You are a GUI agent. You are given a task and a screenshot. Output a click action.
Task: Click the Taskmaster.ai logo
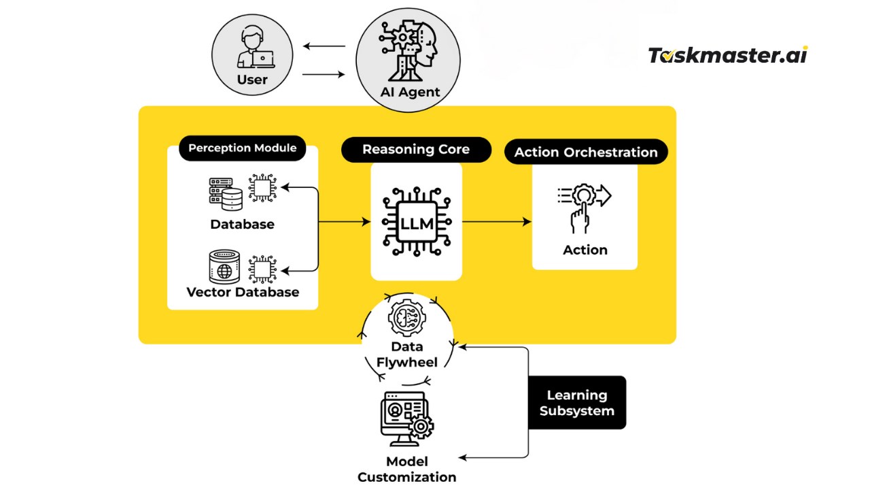[x=728, y=55]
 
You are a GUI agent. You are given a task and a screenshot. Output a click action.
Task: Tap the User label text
[x=252, y=80]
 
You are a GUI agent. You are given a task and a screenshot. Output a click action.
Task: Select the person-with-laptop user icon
[x=256, y=47]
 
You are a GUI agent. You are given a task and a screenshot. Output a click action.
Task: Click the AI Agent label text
[x=410, y=92]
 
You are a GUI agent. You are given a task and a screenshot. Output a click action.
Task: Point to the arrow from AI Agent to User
[x=324, y=46]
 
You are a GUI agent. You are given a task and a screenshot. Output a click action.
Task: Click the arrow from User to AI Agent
[x=324, y=74]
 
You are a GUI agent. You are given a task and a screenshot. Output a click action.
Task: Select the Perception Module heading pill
[x=243, y=148]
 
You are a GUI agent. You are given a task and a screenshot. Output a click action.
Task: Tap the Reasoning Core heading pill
[x=416, y=149]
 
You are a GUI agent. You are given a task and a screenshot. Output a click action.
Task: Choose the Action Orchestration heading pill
[x=586, y=152]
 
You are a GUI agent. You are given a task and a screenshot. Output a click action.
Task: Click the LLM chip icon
[x=417, y=222]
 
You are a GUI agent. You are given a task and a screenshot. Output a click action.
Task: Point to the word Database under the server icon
[x=242, y=225]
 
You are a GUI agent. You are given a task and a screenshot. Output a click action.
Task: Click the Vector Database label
[x=243, y=292]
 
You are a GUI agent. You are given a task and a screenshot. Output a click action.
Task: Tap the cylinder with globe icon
[x=224, y=267]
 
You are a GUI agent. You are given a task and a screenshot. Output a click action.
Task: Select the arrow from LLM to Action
[x=497, y=222]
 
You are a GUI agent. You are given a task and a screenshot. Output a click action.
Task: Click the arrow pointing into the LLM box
[x=345, y=222]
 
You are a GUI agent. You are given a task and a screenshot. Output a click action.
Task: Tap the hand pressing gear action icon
[x=584, y=208]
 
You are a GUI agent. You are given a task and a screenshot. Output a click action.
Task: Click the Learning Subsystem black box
[x=577, y=402]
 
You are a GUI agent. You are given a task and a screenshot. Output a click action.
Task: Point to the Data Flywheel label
[x=406, y=355]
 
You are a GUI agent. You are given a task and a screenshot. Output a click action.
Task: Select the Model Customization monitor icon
[x=407, y=419]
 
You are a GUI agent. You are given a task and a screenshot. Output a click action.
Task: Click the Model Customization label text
[x=406, y=470]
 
